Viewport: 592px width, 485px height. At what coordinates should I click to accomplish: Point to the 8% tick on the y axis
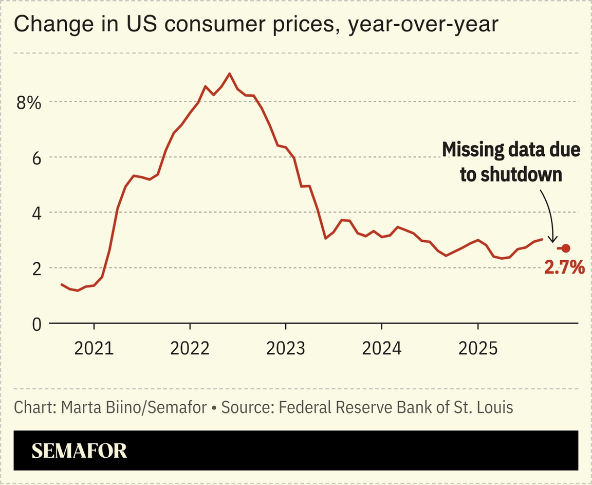click(28, 102)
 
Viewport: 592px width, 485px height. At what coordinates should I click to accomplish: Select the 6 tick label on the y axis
click(34, 157)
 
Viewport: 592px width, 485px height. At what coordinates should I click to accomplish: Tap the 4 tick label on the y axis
click(34, 213)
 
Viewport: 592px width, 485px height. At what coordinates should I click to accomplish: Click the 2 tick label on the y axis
click(34, 268)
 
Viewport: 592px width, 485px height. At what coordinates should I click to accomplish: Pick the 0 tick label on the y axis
click(34, 325)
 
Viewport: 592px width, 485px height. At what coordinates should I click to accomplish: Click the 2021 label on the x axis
click(94, 349)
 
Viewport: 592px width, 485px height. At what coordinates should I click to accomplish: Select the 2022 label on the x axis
click(190, 349)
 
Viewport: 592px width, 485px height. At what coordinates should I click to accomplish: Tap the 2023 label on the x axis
click(286, 349)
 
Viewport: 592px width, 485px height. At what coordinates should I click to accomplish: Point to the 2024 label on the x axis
click(381, 349)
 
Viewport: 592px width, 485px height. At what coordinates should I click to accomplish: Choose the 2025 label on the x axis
click(477, 349)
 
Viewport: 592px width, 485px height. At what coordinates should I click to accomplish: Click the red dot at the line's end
click(566, 248)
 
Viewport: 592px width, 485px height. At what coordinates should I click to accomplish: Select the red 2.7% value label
click(564, 267)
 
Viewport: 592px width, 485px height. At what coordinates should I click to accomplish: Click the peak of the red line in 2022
click(229, 74)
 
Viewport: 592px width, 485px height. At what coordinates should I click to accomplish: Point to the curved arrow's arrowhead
click(552, 240)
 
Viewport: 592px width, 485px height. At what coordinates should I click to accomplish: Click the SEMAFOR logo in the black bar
click(79, 451)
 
